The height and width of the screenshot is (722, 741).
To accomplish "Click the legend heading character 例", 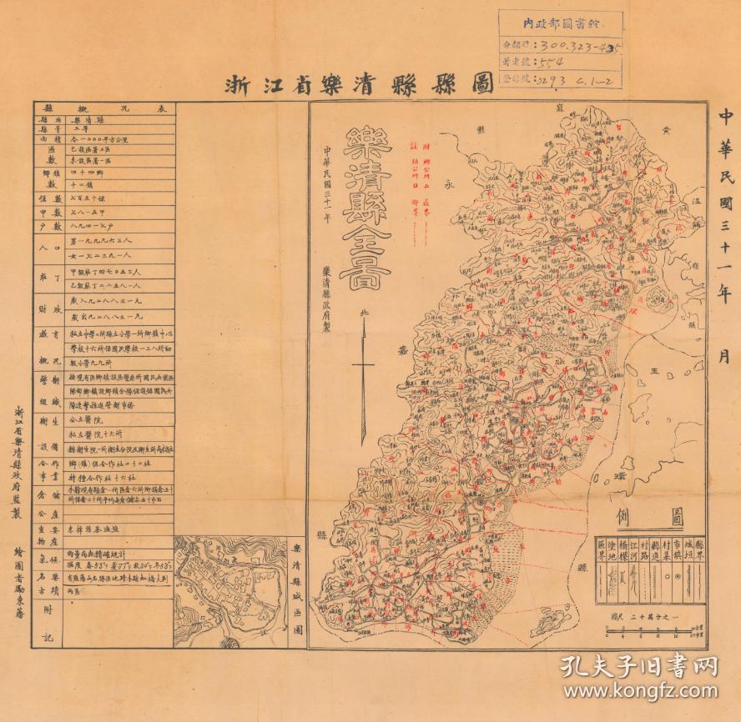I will [x=623, y=515].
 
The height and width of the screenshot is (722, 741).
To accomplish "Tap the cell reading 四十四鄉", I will [x=88, y=168].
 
